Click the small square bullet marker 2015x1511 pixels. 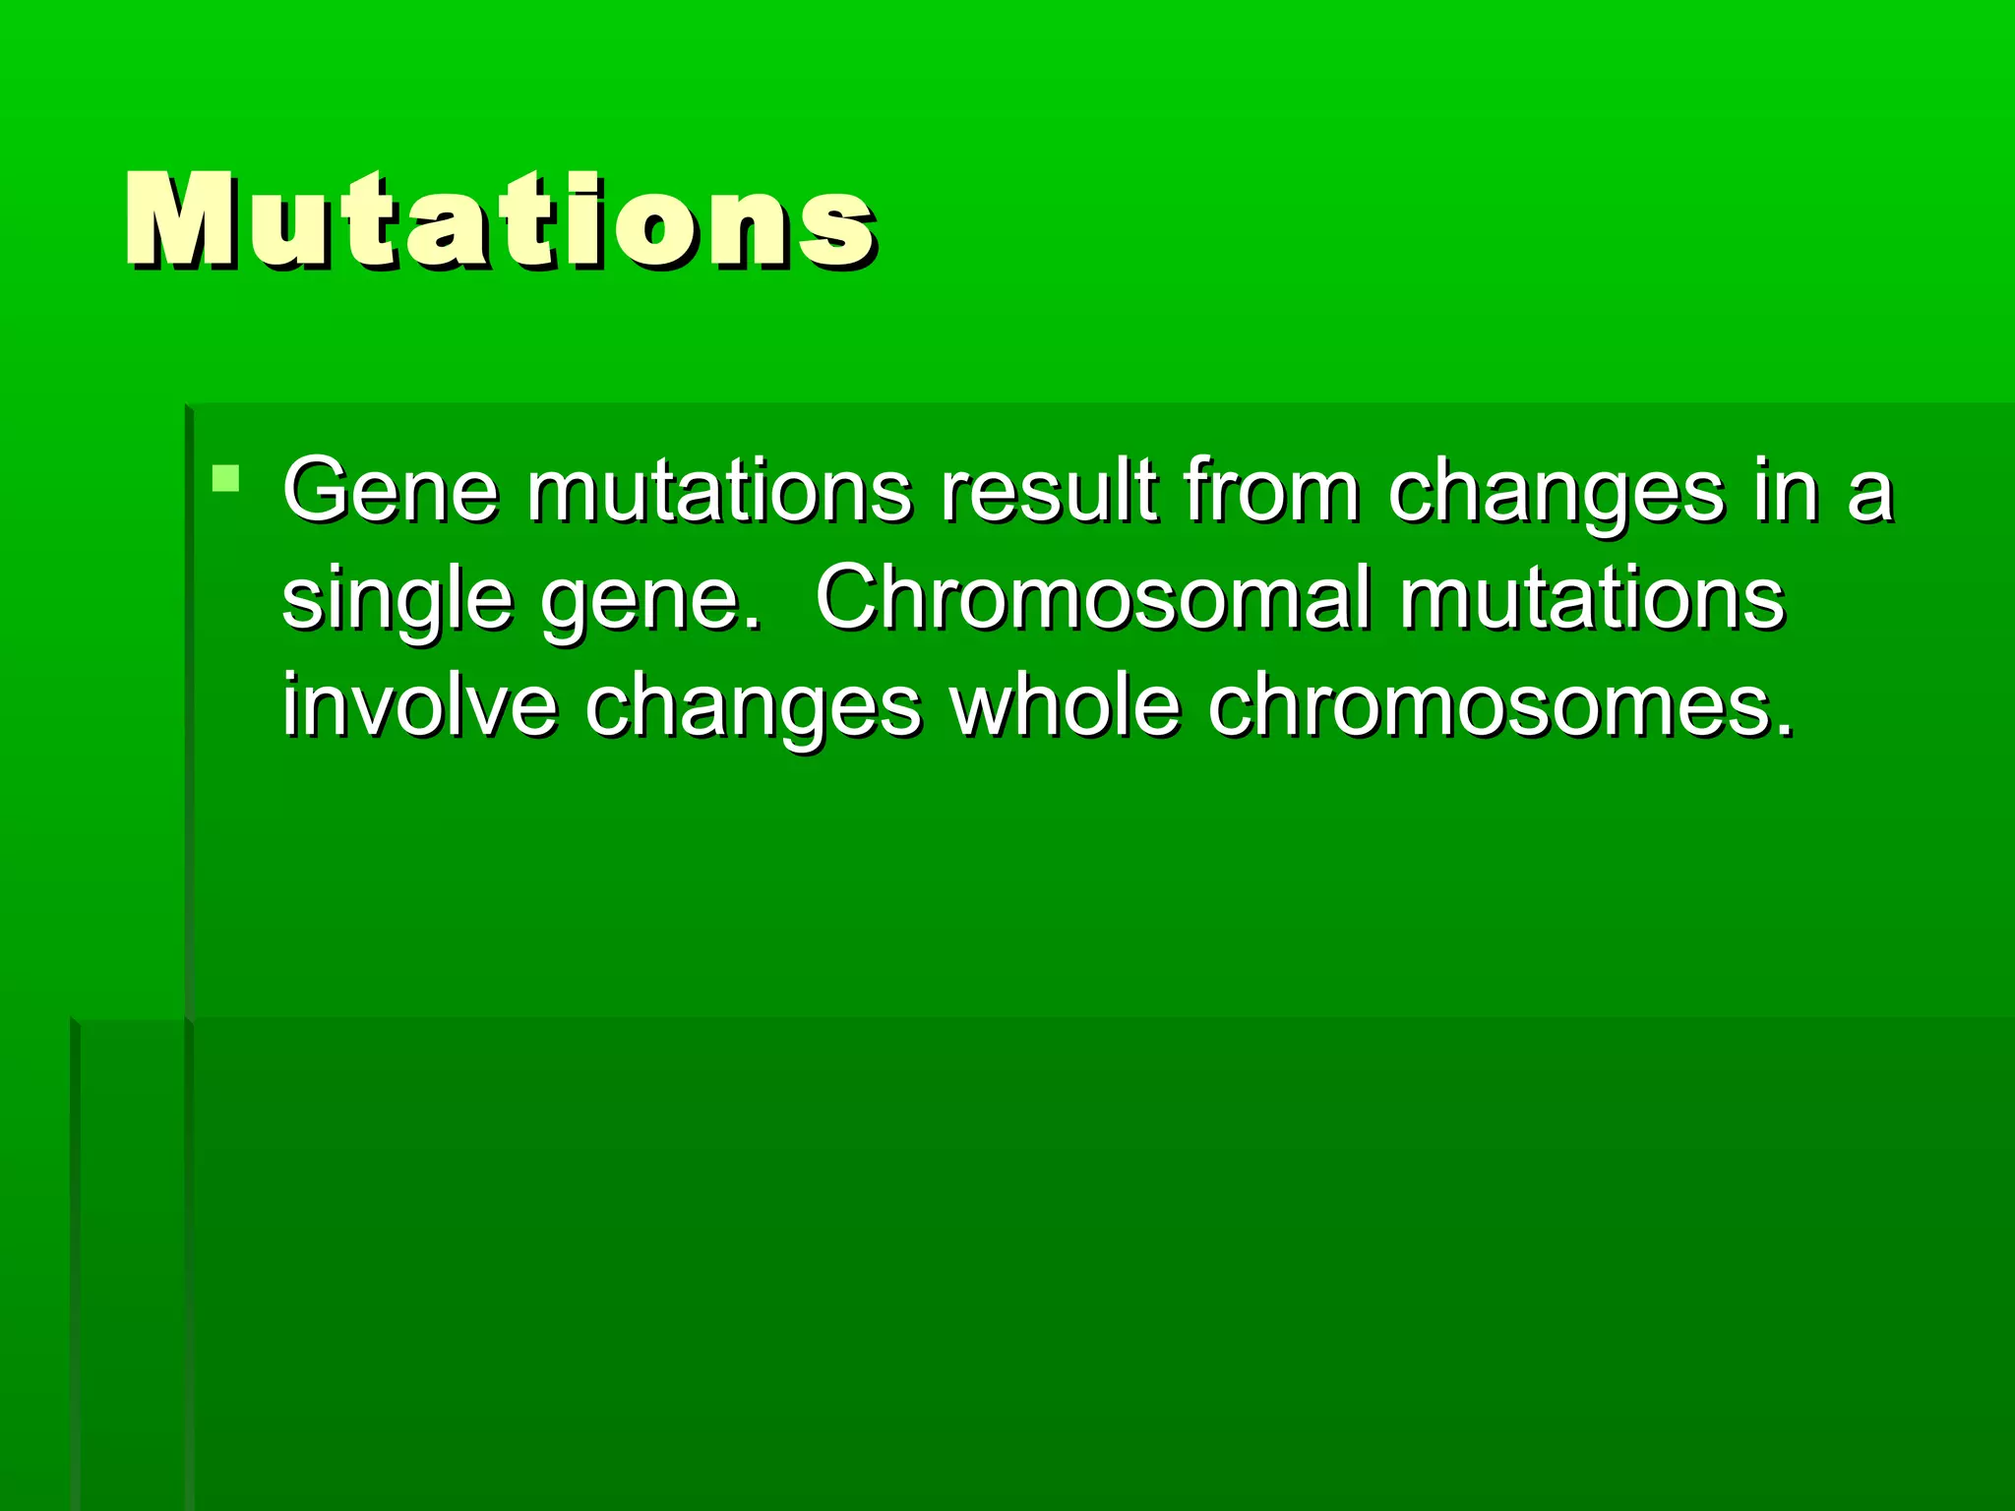click(226, 479)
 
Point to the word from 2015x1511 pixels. click(1270, 491)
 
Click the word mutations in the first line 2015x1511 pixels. click(719, 491)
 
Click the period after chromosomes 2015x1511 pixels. click(1784, 729)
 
